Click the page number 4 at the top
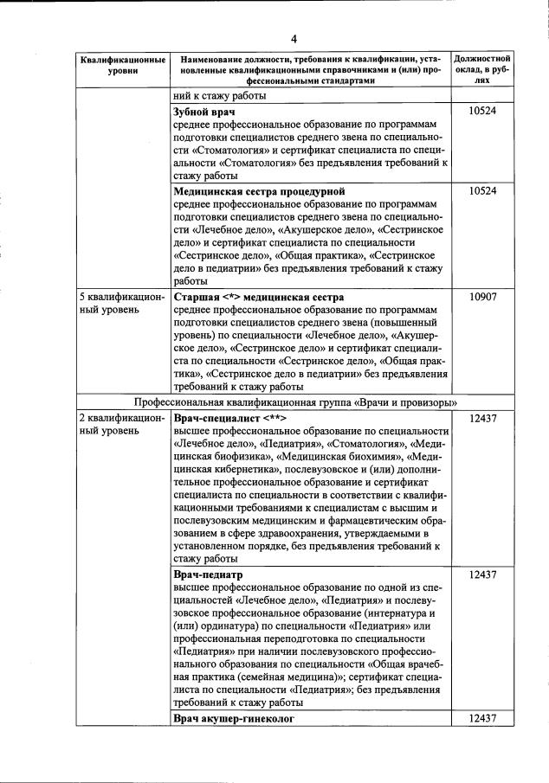294,39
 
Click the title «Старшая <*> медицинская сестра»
259,296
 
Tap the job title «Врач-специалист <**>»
229,418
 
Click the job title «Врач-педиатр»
209,574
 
